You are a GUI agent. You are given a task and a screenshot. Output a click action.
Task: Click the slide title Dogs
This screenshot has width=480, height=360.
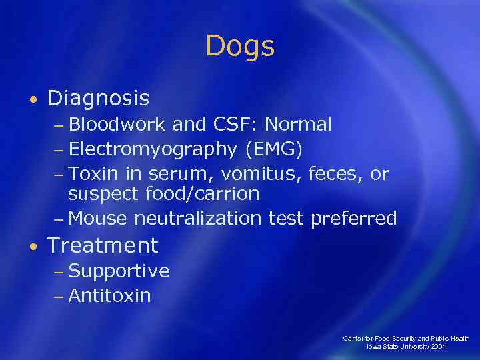240,47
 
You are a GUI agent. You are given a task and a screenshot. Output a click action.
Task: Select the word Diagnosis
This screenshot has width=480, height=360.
98,99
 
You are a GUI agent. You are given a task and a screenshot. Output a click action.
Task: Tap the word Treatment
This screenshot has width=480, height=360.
103,245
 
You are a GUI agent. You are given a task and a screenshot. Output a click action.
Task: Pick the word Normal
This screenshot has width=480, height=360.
301,125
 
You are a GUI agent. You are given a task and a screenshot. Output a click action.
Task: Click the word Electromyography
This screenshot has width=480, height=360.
153,149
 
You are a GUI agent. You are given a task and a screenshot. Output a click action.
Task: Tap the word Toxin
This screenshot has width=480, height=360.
93,173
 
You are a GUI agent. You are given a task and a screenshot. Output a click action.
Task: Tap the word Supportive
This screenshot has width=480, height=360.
119,271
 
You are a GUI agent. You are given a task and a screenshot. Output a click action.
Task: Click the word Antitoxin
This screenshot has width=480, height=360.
109,295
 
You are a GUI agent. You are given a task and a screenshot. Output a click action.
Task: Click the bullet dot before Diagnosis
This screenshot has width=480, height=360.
33,100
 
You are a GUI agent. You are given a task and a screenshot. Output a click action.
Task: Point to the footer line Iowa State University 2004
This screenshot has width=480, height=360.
407,347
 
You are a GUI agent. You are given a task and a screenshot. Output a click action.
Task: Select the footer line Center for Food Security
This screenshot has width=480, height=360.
407,339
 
